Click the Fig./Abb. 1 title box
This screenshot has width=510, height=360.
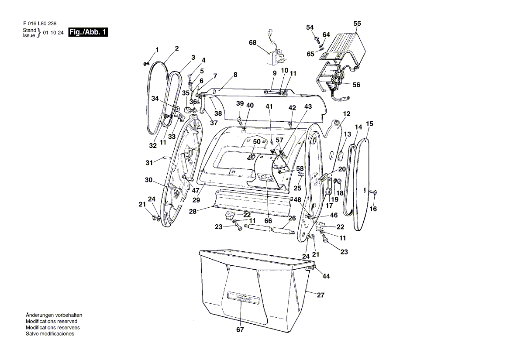coord(88,32)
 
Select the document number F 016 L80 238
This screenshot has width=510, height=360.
coord(40,24)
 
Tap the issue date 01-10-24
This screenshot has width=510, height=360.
coord(53,32)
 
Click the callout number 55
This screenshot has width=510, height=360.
coord(357,24)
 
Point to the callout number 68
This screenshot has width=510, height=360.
coord(252,43)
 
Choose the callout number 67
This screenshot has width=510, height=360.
coord(240,329)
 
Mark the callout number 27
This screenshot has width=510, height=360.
coord(320,295)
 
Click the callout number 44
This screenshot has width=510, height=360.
coord(326,276)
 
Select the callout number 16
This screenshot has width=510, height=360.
coord(373,209)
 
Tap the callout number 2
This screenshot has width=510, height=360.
coord(176,48)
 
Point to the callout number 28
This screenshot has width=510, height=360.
coord(193,212)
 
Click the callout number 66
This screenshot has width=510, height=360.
coord(268,221)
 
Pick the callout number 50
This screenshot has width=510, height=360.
coord(257,142)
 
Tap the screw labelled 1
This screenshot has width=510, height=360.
coord(146,64)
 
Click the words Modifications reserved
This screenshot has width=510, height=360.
coord(52,321)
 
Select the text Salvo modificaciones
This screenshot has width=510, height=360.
coord(50,334)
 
